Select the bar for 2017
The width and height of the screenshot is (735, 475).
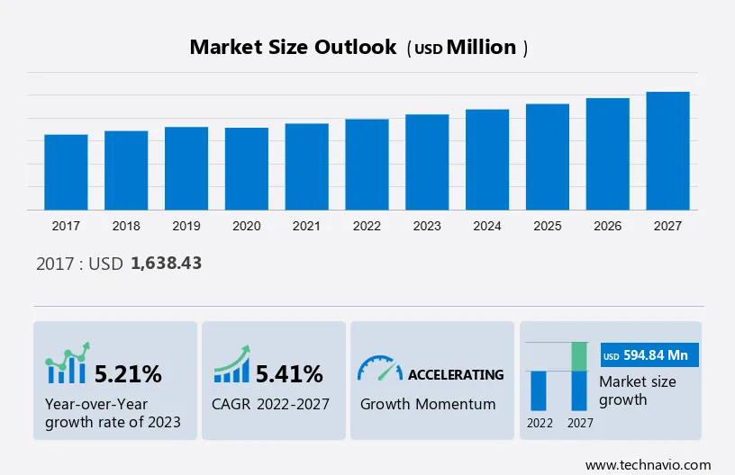[x=66, y=172]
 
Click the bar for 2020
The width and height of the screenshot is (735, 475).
[x=247, y=168]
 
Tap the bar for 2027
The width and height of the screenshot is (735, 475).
[x=667, y=150]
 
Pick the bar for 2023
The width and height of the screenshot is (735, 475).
[x=427, y=162]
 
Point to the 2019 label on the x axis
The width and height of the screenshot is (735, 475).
[x=186, y=226]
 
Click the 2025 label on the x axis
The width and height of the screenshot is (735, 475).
[x=548, y=226]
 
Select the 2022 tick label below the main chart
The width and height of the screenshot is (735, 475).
[x=367, y=226]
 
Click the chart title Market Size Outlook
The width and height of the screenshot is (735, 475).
[x=293, y=48]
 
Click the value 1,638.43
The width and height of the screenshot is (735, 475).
[x=166, y=264]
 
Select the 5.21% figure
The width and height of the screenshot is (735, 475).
[x=128, y=373]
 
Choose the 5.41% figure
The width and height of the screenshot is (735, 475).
[x=289, y=373]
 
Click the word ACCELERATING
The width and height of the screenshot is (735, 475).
[x=456, y=374]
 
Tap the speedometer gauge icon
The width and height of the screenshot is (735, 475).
[x=379, y=368]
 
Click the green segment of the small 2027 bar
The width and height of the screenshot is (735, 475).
[x=581, y=356]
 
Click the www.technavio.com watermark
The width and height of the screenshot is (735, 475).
[x=648, y=465]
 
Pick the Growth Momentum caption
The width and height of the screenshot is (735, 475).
[x=428, y=404]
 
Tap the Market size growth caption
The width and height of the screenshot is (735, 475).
[x=637, y=390]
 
